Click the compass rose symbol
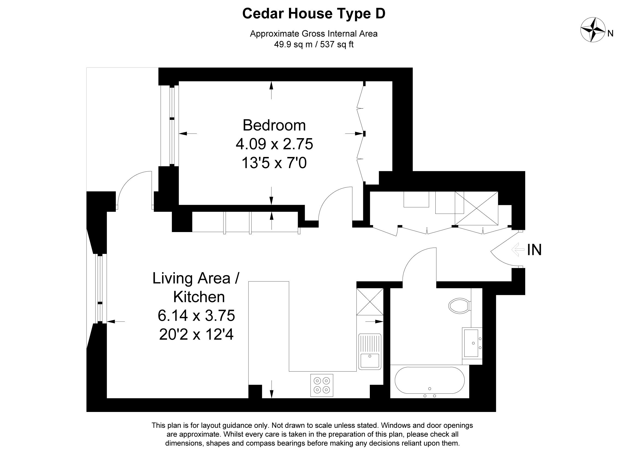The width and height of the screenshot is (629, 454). point(593,34)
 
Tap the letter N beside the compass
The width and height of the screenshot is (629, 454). point(610,34)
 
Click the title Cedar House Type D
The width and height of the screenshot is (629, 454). point(314,14)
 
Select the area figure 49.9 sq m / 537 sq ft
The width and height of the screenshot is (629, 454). point(314,44)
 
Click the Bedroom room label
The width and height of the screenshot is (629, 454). point(274,125)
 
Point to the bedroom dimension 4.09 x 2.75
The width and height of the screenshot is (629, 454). point(274,144)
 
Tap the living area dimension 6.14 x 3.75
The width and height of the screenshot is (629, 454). point(196,316)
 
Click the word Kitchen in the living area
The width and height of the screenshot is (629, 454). point(199,297)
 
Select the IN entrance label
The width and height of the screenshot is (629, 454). point(534,250)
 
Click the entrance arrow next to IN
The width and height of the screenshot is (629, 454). point(518,250)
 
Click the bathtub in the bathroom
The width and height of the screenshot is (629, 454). point(429,380)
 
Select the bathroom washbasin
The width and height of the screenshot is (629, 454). point(472,343)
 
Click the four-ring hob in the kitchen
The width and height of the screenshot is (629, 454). point(322,385)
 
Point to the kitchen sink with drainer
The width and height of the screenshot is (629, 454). point(370,352)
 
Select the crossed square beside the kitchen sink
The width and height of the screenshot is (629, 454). point(370,302)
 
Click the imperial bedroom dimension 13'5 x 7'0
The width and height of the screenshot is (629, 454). point(274,163)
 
